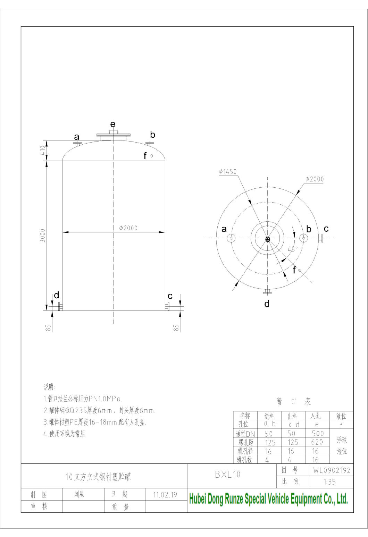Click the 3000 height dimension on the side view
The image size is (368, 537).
pos(42,236)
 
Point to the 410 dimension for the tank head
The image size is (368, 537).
pos(42,150)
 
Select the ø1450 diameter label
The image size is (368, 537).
pos(227,172)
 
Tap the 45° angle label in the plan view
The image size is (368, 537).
pos(292,249)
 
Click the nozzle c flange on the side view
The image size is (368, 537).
pos(167,307)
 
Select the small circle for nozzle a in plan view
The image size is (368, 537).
pos(231,238)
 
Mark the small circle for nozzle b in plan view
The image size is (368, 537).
pos(303,238)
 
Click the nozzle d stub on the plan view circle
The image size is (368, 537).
pos(267,291)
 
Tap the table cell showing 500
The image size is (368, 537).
pos(317,433)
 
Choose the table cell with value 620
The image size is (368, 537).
pos(317,442)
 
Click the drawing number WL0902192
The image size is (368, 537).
pos(332,470)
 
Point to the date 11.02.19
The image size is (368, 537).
pos(166,495)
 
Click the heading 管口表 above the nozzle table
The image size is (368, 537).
pos(293,402)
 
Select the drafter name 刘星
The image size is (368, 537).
pos(79,494)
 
